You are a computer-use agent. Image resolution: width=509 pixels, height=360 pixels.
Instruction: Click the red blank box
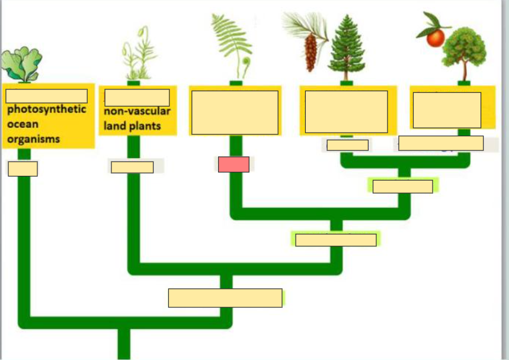(233, 165)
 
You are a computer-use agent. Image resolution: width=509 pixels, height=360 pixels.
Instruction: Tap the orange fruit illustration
(436, 38)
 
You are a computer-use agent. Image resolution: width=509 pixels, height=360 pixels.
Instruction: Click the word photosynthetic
(47, 110)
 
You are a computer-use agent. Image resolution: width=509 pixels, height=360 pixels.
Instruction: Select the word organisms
(33, 139)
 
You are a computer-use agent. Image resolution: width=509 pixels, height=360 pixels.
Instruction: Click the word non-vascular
(137, 112)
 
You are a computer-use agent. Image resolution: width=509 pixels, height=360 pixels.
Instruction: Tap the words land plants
(132, 126)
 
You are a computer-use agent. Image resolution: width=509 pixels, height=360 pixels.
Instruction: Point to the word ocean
(23, 124)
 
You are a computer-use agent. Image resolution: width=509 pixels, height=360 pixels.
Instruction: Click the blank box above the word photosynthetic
(46, 96)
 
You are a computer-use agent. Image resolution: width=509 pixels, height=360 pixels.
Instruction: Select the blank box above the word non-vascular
(137, 97)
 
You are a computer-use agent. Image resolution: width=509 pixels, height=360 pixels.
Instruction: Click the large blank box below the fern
(235, 112)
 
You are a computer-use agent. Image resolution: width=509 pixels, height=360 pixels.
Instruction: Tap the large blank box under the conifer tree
(347, 111)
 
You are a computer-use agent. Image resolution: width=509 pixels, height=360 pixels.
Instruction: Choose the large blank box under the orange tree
(447, 110)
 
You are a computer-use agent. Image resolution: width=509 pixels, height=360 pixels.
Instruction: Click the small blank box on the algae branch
(23, 169)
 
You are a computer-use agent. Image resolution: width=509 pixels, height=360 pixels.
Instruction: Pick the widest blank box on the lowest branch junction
(225, 298)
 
